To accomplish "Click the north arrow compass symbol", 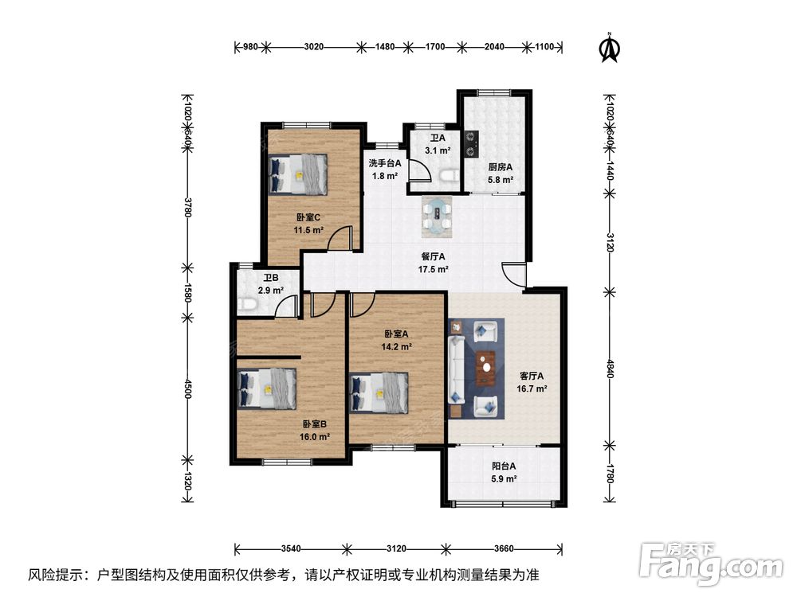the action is point(610,48).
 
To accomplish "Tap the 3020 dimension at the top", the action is point(313,47).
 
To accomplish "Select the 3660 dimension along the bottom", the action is point(504,548).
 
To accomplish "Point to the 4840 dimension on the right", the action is point(611,368).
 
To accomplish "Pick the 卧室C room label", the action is point(308,217).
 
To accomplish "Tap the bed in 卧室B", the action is point(267,389).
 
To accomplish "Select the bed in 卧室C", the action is point(297,174).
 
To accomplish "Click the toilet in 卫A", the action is point(448,175).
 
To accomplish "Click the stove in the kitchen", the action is point(471,143).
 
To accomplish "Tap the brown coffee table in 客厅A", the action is point(487,368).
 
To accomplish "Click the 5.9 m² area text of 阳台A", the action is point(505,478).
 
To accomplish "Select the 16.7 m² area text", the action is point(532,389).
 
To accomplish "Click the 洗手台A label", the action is point(385,163).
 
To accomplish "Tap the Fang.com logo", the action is point(711,563).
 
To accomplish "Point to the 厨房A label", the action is point(501,166).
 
